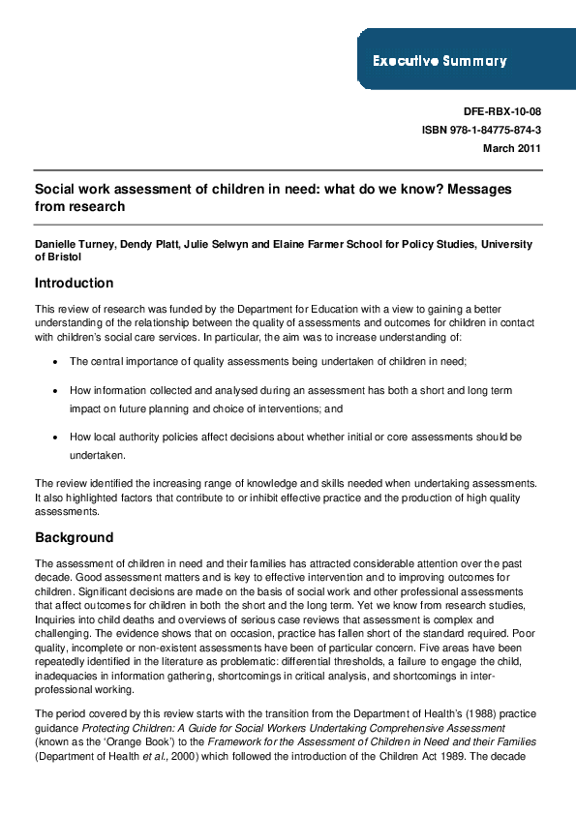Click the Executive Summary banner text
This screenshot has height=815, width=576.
[440, 61]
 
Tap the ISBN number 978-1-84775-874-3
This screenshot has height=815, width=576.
[481, 130]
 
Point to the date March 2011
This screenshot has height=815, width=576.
[511, 148]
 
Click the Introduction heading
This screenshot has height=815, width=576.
[74, 284]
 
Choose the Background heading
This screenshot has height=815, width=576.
[74, 537]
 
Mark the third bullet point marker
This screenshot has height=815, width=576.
[60, 438]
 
